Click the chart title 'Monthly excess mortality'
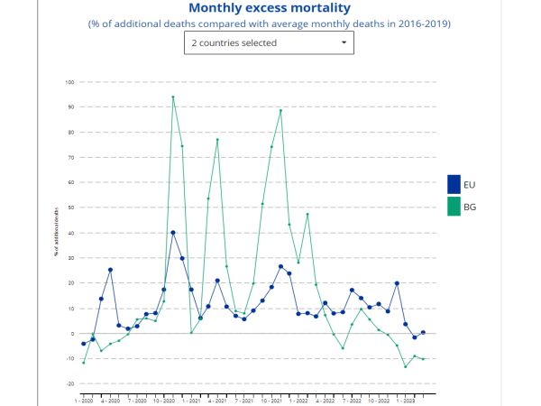coord(270,7)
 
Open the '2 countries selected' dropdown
coord(269,42)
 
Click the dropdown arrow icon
coord(344,42)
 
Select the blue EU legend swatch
coord(454,184)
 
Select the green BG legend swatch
coord(454,208)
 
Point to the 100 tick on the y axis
coord(69,82)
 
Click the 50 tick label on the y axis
coord(69,208)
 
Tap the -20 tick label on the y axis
coord(69,383)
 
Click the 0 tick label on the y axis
coord(71,333)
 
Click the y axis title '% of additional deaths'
coord(56,233)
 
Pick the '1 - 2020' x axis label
coord(83,398)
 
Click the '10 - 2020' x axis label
coord(163,398)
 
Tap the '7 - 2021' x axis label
coord(243,398)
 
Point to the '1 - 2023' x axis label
coord(406,398)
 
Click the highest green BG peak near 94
coord(173,97)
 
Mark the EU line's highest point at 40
coord(173,233)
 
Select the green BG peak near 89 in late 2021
coord(280,110)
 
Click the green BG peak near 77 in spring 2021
coord(217,140)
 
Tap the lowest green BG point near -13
coord(405,366)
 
